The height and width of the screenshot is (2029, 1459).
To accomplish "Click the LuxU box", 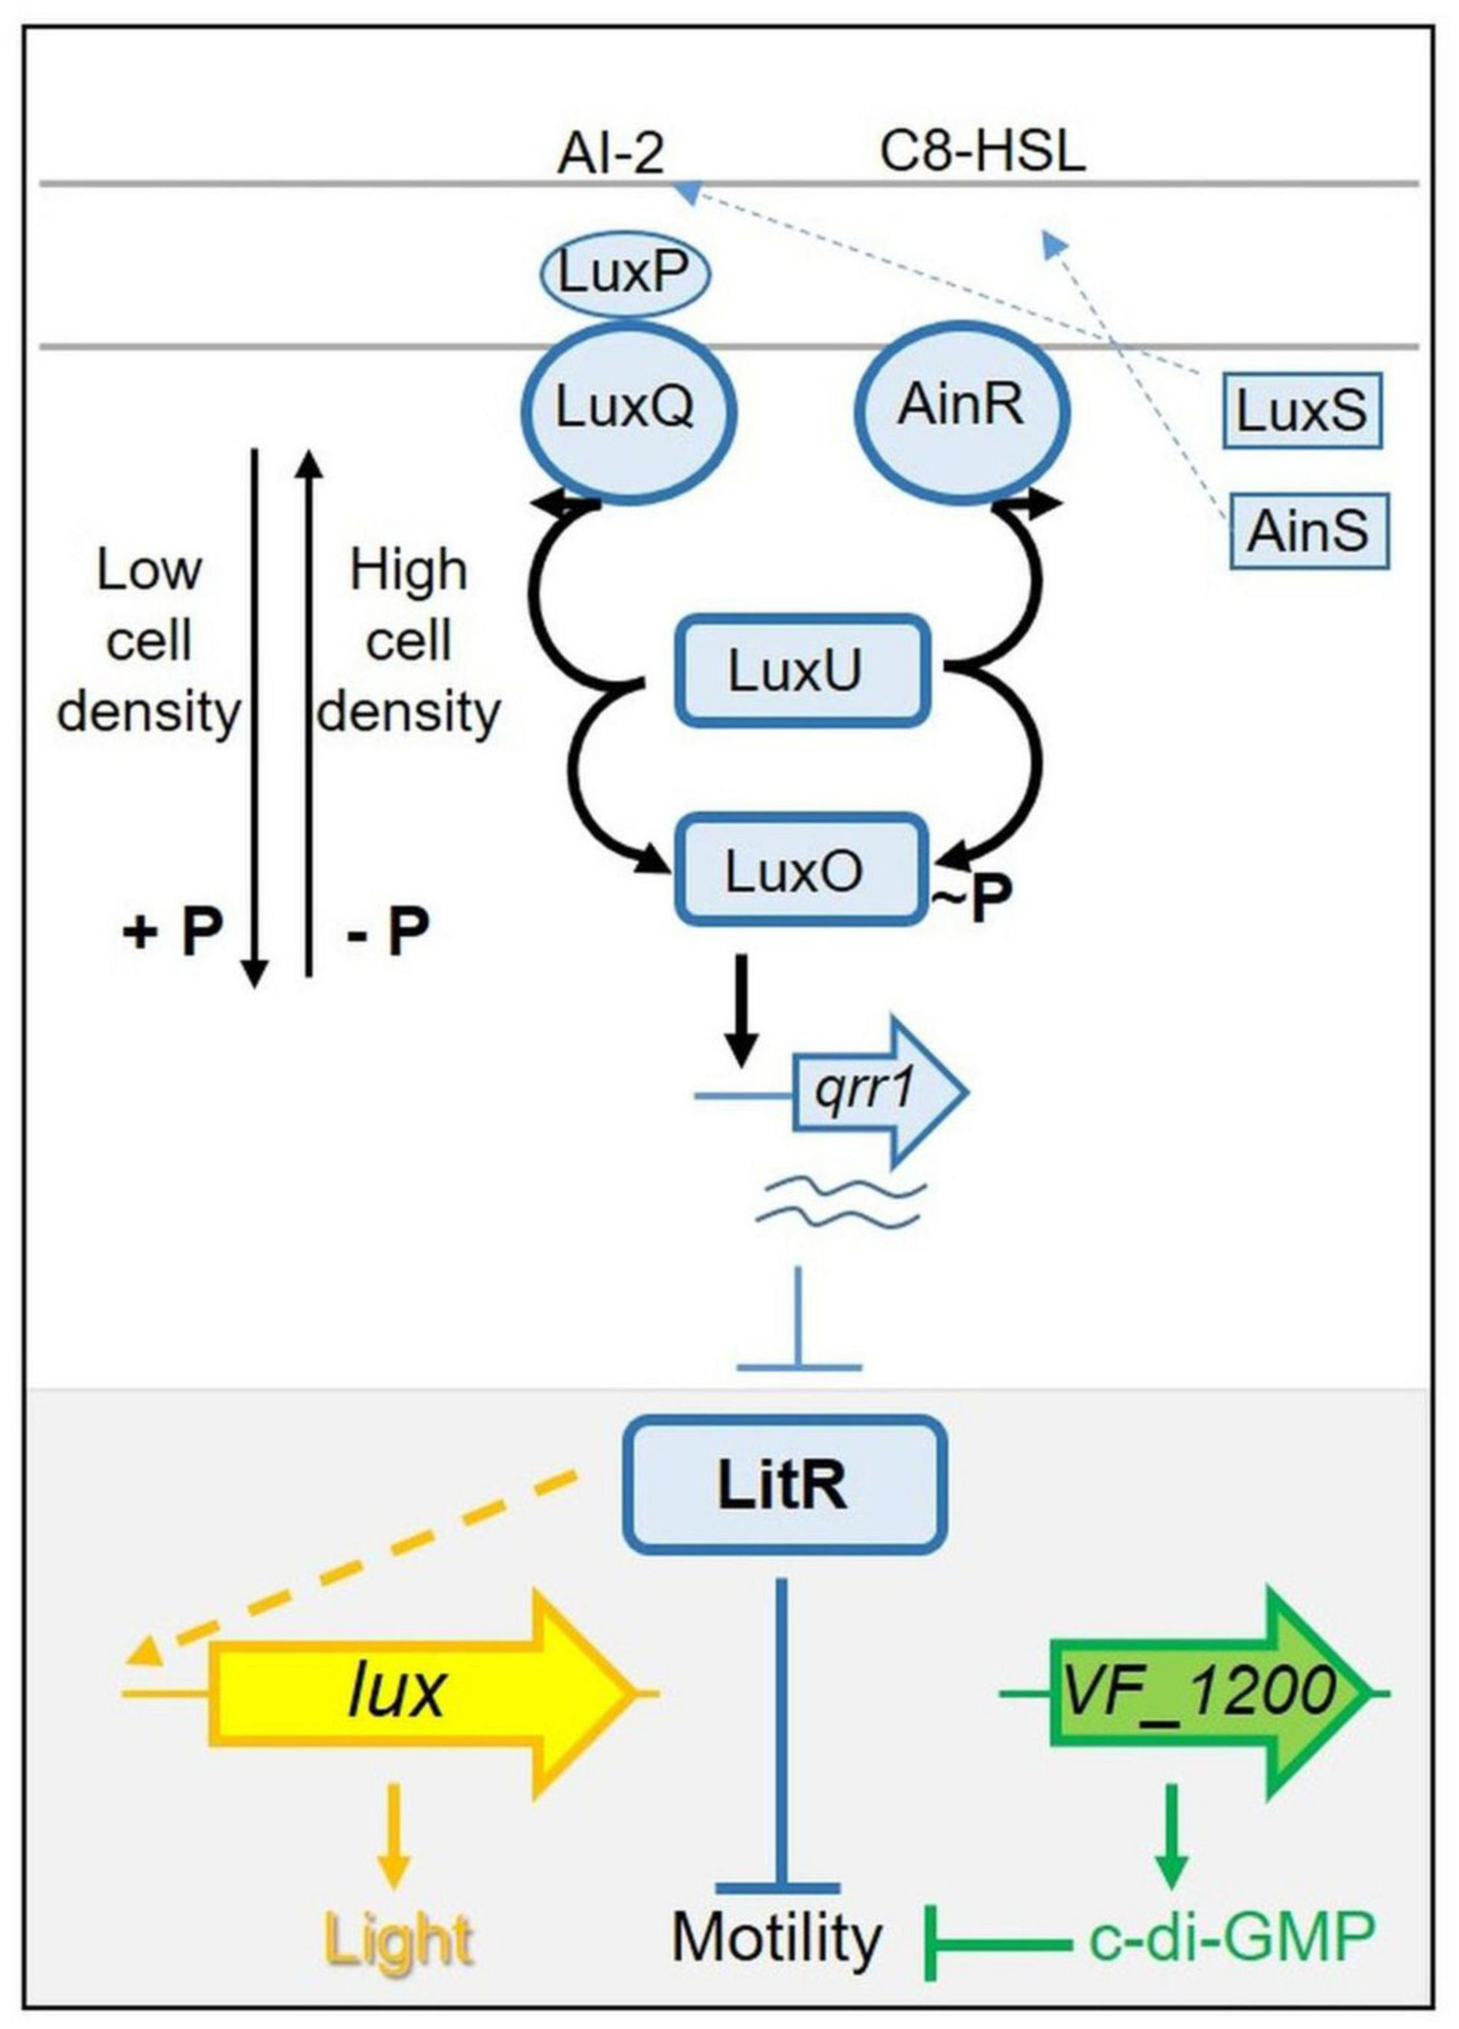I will (x=798, y=671).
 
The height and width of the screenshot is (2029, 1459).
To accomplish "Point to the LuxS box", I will (x=1302, y=412).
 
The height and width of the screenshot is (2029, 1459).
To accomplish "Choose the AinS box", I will (x=1309, y=532).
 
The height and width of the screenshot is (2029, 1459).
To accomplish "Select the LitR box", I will (x=784, y=1487).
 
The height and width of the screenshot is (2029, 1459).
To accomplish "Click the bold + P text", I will (x=172, y=934).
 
